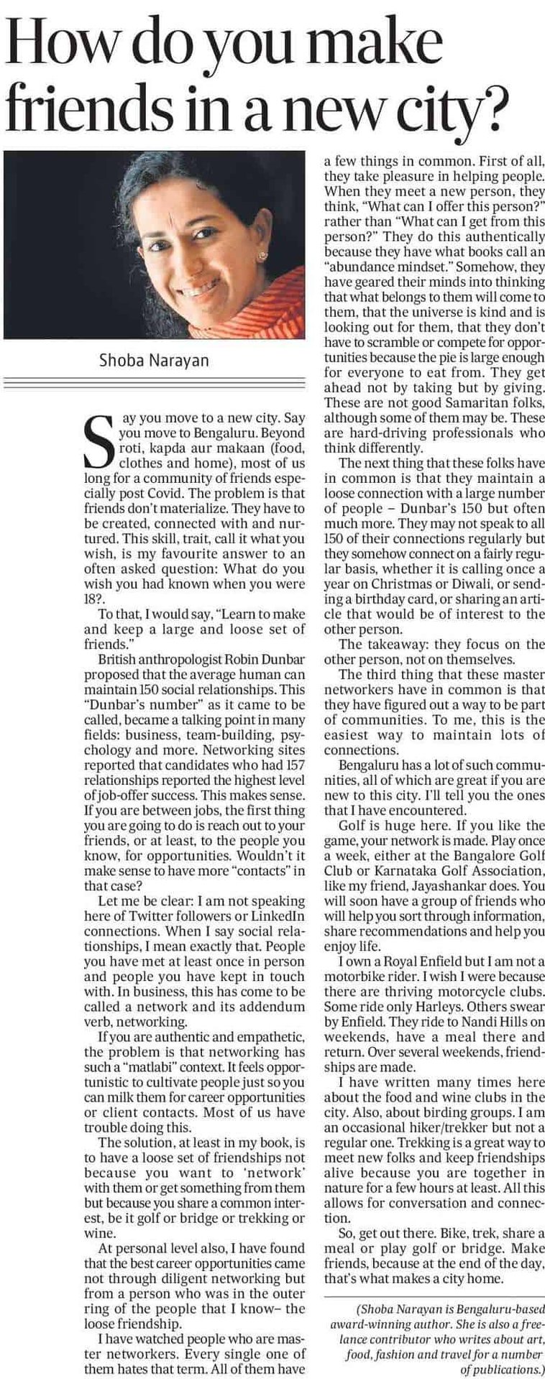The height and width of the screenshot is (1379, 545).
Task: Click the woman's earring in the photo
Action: (x=264, y=255)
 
